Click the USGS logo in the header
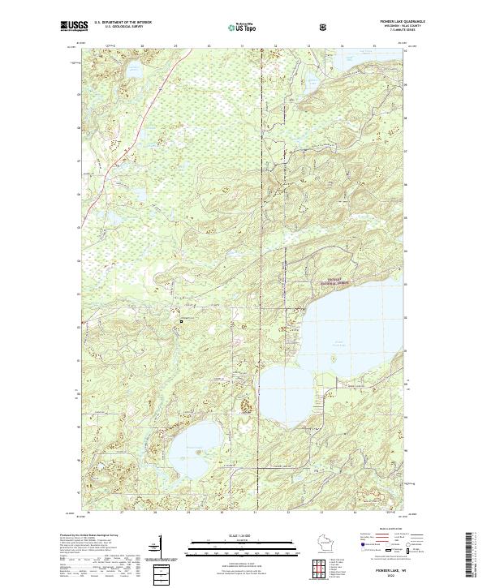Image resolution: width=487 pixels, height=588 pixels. coord(74,27)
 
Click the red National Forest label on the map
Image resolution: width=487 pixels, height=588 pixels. coord(335,281)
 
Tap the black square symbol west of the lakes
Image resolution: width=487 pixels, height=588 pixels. coord(181,321)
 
